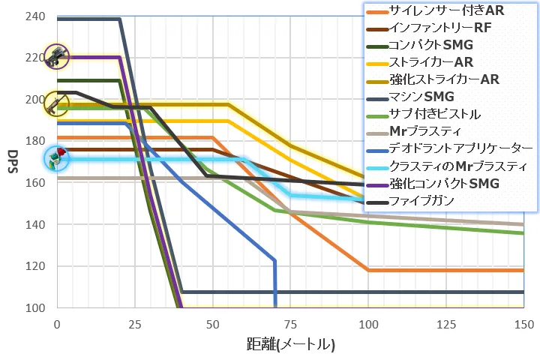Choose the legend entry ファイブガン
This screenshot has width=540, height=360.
click(x=430, y=200)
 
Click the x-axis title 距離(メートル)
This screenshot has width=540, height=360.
click(x=290, y=345)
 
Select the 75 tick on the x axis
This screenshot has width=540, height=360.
click(x=290, y=324)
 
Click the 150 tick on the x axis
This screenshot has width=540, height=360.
click(x=523, y=324)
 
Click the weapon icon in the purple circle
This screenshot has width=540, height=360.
click(x=56, y=56)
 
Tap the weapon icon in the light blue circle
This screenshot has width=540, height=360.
click(x=56, y=157)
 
